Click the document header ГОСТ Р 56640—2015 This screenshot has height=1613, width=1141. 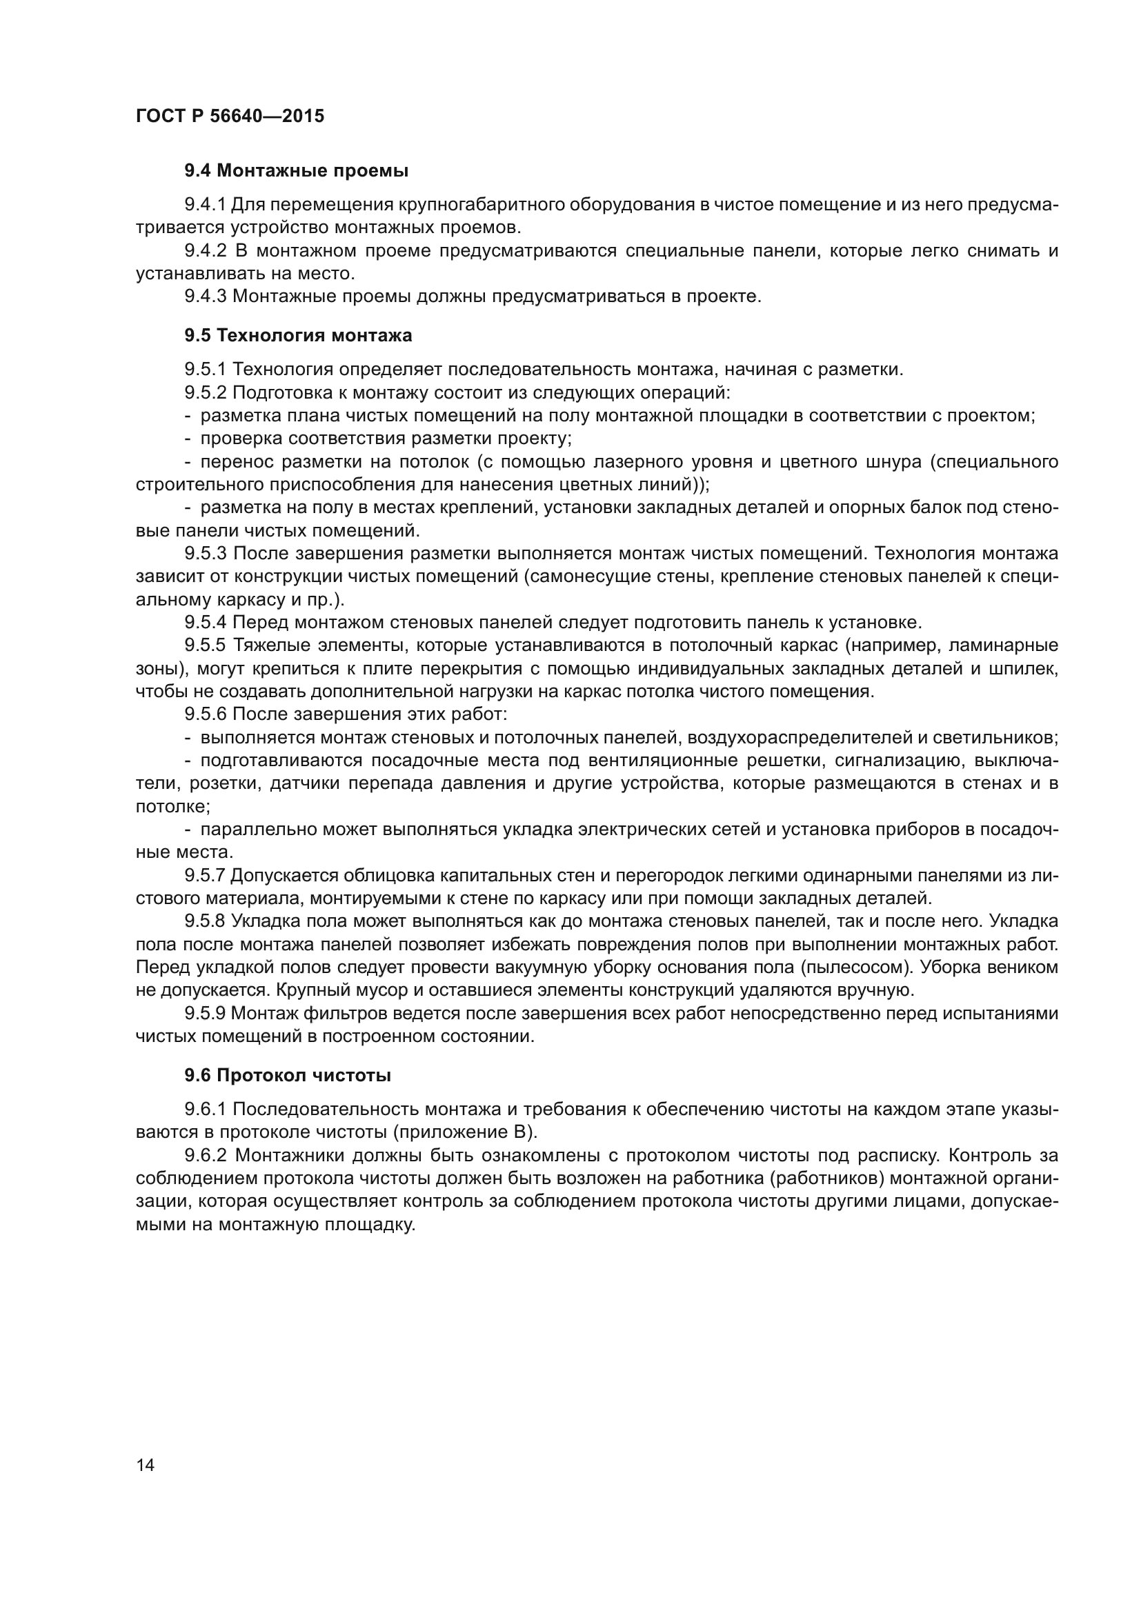click(x=230, y=117)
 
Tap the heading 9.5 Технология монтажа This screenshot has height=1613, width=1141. click(x=298, y=336)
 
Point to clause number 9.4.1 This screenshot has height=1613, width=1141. click(x=204, y=205)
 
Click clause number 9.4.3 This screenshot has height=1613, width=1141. click(x=205, y=297)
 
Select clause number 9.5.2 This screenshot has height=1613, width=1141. click(x=205, y=392)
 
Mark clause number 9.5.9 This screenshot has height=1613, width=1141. click(x=204, y=1014)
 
